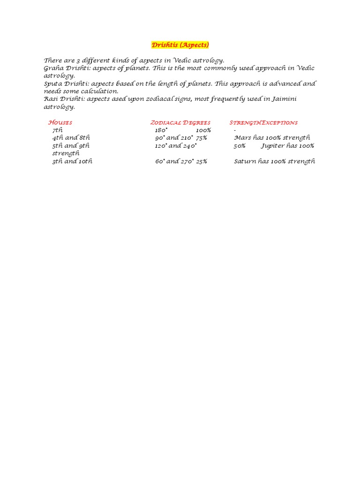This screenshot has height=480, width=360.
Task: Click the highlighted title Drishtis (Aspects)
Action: pos(180,45)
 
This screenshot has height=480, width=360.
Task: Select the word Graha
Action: pos(53,68)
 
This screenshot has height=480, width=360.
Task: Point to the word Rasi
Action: pos(51,99)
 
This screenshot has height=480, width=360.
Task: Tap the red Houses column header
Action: pos(60,122)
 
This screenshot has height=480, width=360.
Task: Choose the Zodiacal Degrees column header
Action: pos(180,122)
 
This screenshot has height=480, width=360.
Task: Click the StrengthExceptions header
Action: pos(263,122)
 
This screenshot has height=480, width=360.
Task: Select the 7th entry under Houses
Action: pos(57,130)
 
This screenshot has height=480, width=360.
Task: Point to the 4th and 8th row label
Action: pos(71,138)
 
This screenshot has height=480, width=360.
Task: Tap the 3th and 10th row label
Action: pos(72,161)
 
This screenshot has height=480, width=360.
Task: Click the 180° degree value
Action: pos(161,130)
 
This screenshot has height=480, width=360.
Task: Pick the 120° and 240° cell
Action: pos(176,145)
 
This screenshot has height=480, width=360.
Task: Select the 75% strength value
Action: pos(202,138)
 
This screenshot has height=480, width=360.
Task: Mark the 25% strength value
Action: pos(202,161)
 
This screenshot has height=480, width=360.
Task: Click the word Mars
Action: pos(242,138)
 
